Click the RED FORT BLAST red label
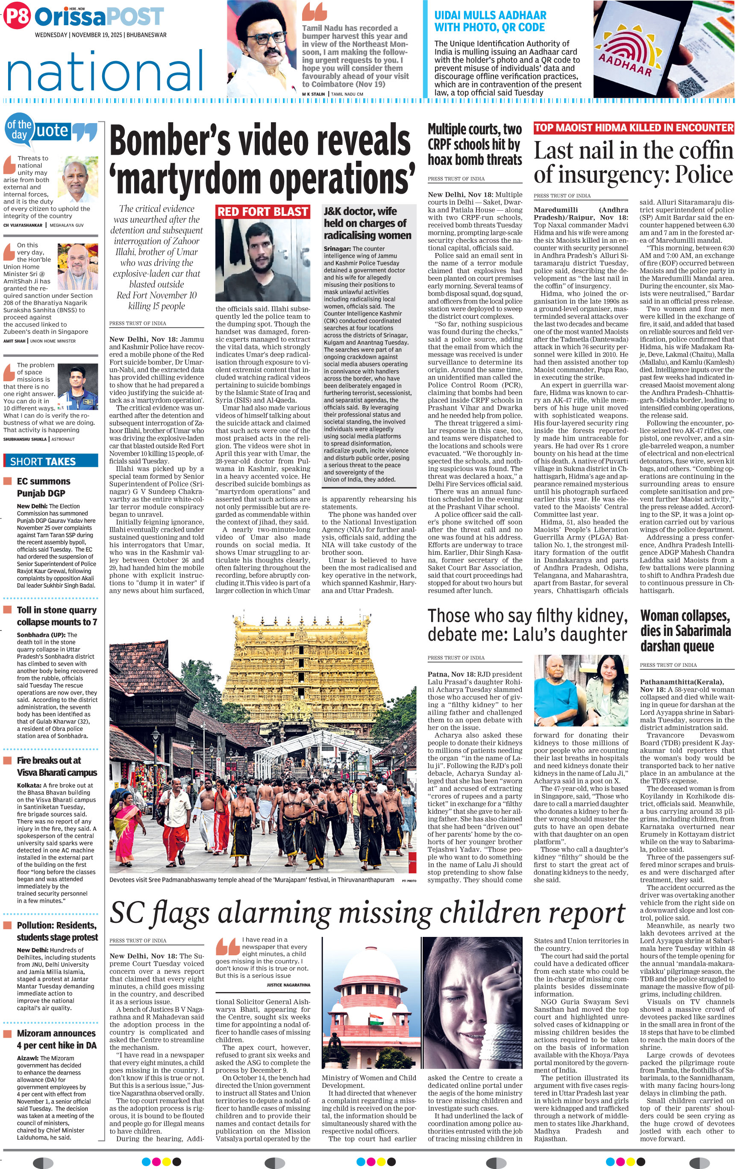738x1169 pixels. pyautogui.click(x=262, y=212)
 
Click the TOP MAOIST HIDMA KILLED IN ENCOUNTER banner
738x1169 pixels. pyautogui.click(x=633, y=128)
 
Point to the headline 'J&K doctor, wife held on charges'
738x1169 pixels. pyautogui.click(x=368, y=223)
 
